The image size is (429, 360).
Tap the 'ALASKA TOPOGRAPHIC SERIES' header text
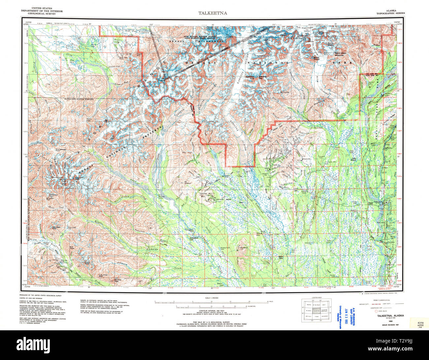click(x=391, y=12)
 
